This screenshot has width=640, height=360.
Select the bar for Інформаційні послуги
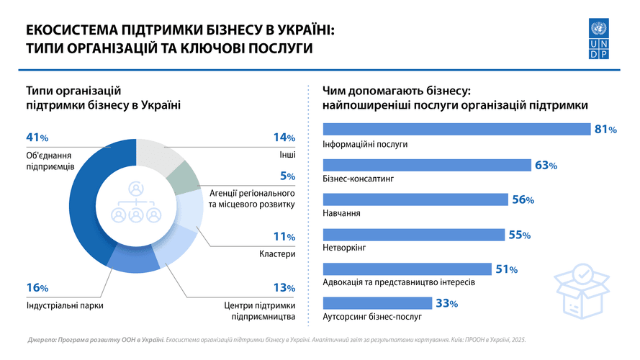[456, 130]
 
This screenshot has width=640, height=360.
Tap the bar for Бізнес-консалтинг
[427, 165]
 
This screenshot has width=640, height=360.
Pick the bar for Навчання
[415, 199]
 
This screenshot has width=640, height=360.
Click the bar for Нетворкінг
[413, 235]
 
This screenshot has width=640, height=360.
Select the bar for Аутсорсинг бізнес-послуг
[377, 303]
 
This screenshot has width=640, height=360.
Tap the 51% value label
[506, 269]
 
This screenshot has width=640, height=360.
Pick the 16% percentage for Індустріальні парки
[37, 288]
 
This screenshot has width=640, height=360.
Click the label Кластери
[277, 254]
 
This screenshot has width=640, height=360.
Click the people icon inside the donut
[135, 203]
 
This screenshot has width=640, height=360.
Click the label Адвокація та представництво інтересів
[399, 282]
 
